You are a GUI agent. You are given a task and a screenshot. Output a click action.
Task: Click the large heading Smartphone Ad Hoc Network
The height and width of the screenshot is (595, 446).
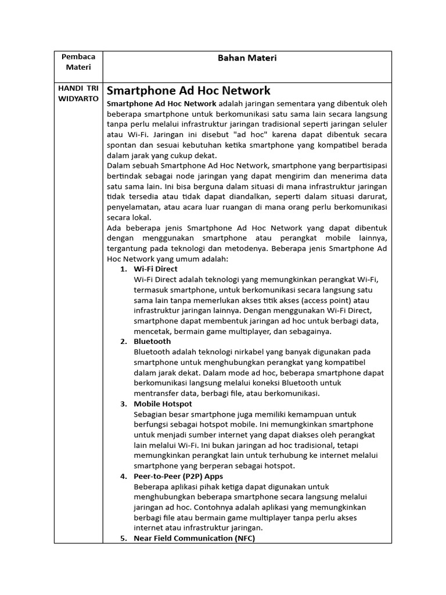189,91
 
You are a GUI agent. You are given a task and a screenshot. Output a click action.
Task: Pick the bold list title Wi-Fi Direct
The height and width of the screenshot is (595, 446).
156,269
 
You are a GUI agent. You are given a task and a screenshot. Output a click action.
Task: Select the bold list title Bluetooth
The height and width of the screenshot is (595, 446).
152,342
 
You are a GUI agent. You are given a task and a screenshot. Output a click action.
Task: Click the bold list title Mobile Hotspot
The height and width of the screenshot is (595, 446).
163,404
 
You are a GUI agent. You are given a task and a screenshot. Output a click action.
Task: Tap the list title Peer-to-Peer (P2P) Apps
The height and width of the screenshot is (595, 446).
178,476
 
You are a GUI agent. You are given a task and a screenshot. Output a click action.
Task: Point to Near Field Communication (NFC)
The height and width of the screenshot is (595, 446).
194,539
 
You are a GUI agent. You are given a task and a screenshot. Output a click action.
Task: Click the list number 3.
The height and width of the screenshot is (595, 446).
124,404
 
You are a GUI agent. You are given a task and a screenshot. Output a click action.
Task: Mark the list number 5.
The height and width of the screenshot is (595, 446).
124,539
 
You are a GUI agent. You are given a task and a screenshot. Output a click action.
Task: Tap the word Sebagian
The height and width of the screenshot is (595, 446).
152,414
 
